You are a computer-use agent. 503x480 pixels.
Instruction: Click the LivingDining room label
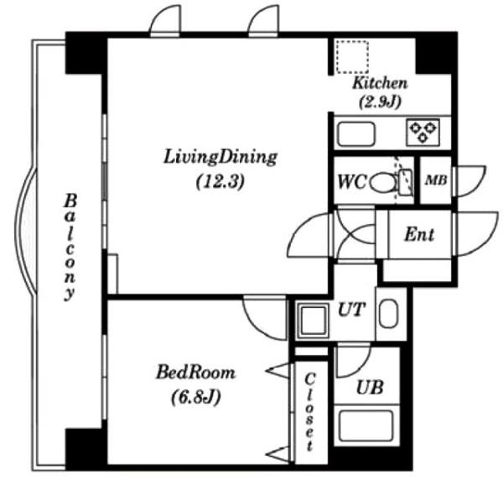[x=220, y=158]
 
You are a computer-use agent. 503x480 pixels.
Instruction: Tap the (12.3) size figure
[x=220, y=182]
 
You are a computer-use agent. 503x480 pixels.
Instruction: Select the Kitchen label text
[x=380, y=83]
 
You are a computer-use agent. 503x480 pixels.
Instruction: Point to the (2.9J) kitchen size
[x=380, y=102]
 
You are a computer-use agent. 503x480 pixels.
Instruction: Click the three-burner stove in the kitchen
[x=423, y=132]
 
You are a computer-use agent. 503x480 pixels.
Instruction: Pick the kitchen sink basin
[x=356, y=133]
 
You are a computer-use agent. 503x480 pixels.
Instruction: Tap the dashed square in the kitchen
[x=352, y=57]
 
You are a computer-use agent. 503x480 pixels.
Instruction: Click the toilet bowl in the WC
[x=382, y=182]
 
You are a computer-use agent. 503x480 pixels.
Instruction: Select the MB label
[x=436, y=180]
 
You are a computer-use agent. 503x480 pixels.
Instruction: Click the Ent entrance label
[x=419, y=234]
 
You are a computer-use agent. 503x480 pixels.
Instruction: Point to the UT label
[x=352, y=310]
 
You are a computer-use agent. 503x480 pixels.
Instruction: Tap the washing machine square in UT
[x=314, y=321]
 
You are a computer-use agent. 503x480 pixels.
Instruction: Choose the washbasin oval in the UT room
[x=388, y=313]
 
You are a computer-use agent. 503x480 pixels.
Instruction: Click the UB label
[x=370, y=388]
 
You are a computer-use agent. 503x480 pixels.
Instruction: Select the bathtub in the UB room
[x=366, y=425]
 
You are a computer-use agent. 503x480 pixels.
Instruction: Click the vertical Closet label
[x=309, y=412]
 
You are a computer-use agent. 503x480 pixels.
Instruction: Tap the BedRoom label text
[x=195, y=373]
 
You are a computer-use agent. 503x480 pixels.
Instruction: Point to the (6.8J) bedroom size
[x=195, y=397]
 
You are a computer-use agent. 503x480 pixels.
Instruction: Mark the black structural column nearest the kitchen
[x=436, y=54]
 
